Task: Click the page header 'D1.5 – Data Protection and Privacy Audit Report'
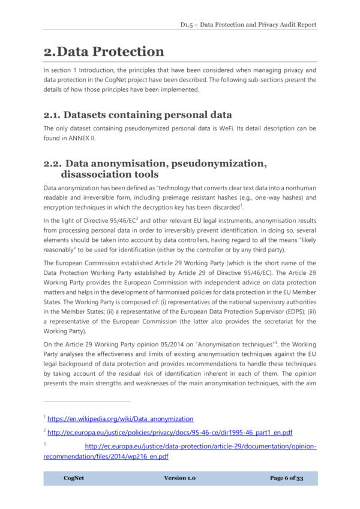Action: click(x=248, y=25)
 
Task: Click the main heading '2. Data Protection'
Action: click(x=104, y=52)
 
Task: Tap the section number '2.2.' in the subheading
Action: click(x=52, y=163)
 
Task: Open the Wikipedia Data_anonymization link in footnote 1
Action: click(x=120, y=418)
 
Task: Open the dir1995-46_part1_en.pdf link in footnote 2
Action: click(x=170, y=432)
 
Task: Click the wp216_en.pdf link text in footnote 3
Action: click(x=106, y=457)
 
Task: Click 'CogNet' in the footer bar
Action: click(x=73, y=478)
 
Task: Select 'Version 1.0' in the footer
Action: click(x=179, y=478)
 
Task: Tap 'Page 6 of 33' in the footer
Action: click(x=286, y=478)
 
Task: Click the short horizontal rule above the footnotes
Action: click(x=87, y=402)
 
